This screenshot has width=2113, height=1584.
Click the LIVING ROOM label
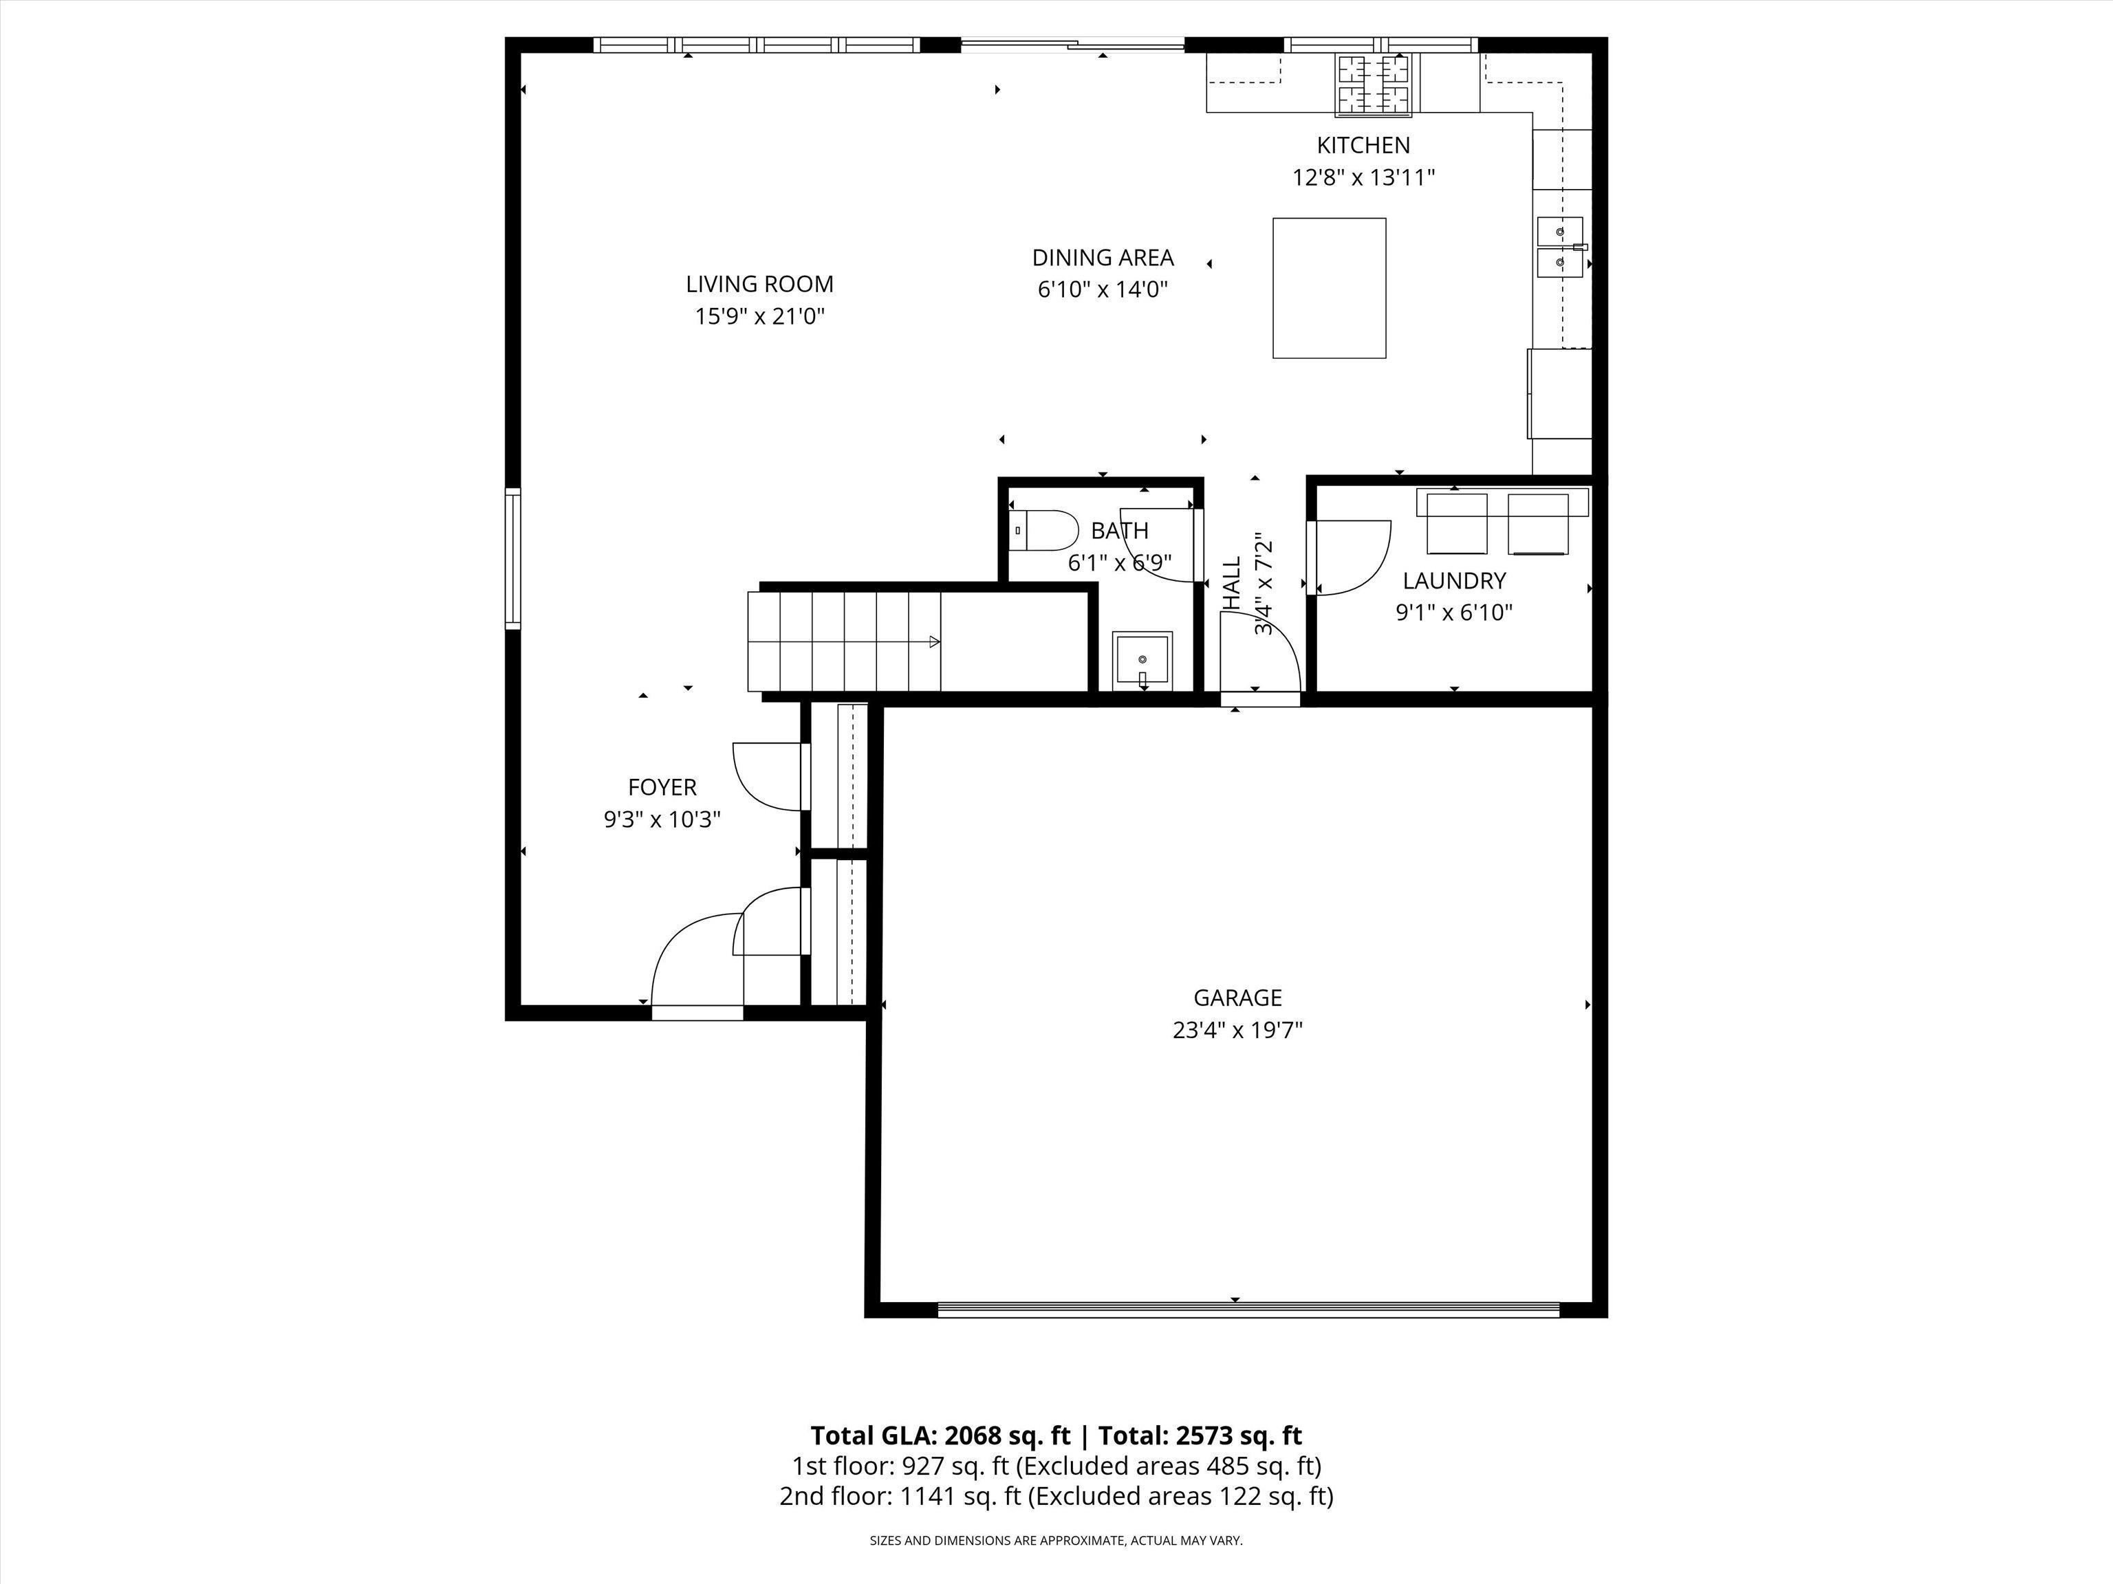(759, 283)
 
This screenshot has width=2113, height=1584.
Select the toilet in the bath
(1043, 531)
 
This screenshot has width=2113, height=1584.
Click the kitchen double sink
(1560, 246)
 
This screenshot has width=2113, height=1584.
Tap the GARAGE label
(1237, 998)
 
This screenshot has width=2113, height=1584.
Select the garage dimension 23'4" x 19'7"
(1237, 1031)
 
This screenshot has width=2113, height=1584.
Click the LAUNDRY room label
(1454, 580)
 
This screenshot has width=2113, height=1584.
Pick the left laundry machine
(1457, 523)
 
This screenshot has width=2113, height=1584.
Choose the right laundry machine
(1538, 523)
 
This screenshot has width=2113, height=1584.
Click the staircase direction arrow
(934, 641)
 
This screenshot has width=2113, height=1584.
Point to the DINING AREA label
(1103, 258)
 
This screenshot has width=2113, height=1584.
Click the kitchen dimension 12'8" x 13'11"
(1364, 177)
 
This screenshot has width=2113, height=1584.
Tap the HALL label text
(1233, 584)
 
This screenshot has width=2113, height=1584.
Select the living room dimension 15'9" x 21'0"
(759, 316)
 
